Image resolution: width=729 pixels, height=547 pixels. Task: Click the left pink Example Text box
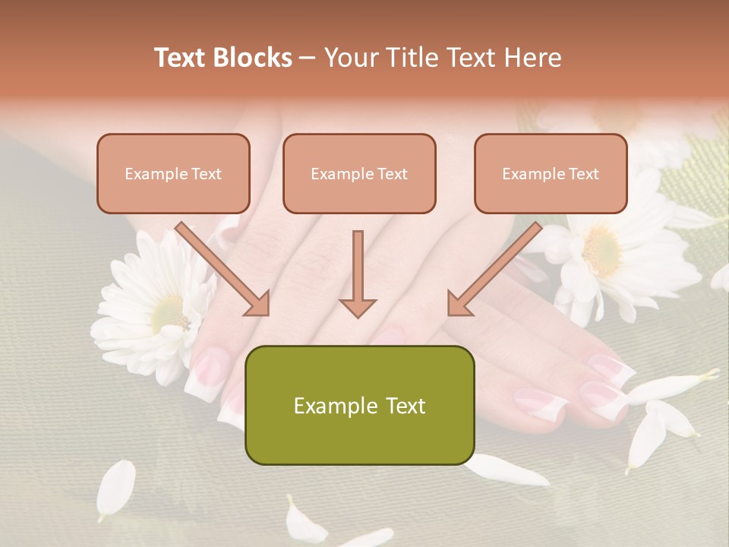(x=173, y=173)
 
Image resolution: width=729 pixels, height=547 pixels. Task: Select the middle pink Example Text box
(x=359, y=173)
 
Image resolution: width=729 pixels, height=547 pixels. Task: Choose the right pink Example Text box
(x=551, y=173)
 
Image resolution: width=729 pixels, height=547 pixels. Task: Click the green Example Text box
(x=359, y=405)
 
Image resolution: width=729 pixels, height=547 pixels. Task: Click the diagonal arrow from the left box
(x=224, y=270)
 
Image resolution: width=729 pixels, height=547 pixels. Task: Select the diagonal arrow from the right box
(x=494, y=270)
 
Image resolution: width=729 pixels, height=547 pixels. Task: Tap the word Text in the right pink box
(x=583, y=173)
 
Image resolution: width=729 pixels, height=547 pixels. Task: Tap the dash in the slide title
(x=308, y=58)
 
